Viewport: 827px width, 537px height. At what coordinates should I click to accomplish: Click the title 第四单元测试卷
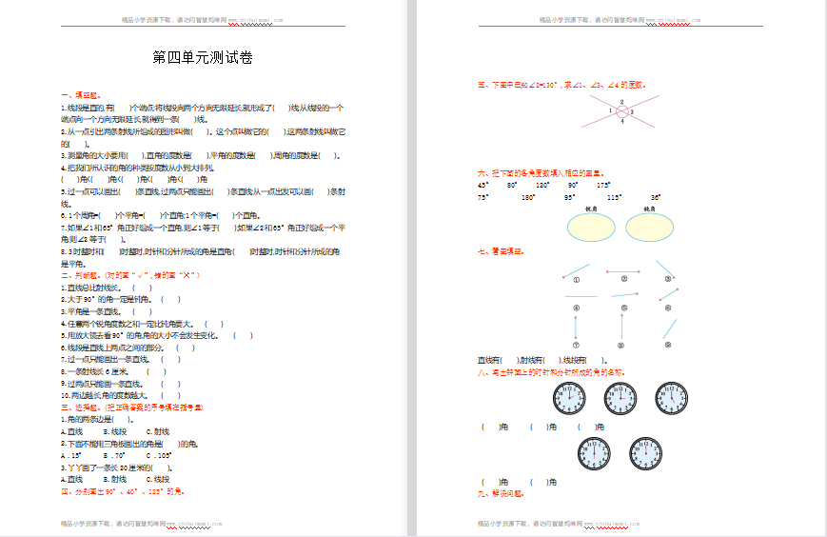tap(203, 58)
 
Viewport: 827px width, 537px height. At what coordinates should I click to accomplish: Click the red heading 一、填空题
tap(79, 95)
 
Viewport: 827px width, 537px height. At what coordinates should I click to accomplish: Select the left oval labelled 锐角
tap(591, 228)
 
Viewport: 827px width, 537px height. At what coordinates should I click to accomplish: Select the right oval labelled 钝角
tap(650, 228)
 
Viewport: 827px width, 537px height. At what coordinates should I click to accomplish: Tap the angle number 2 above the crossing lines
tap(621, 101)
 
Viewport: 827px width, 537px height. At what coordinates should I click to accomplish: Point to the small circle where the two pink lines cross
tap(621, 111)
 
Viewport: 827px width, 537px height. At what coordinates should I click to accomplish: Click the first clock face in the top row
tap(569, 398)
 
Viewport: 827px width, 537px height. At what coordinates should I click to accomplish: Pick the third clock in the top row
tap(672, 398)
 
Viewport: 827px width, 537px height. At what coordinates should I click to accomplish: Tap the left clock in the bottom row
tap(594, 453)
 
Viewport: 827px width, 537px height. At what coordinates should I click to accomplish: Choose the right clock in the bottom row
tap(645, 453)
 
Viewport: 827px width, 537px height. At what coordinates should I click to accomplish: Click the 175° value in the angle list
tap(604, 185)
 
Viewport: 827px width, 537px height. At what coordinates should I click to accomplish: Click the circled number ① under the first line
tap(576, 280)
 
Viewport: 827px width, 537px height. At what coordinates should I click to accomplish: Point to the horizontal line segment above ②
tap(622, 270)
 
